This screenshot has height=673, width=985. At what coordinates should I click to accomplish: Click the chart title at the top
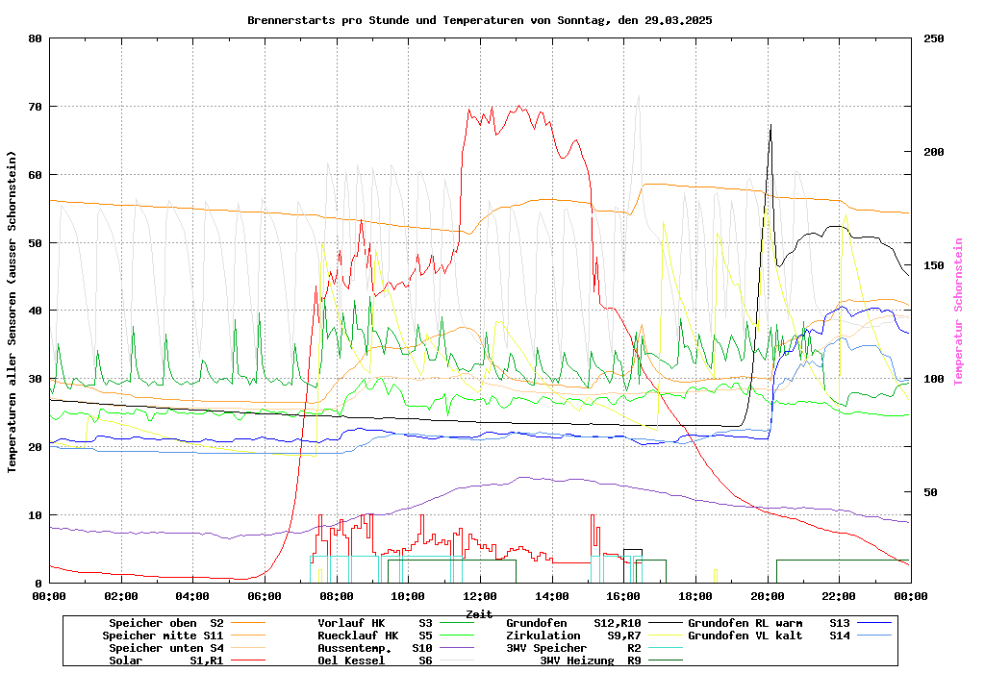(x=479, y=19)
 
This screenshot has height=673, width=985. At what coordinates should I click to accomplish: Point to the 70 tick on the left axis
(x=36, y=107)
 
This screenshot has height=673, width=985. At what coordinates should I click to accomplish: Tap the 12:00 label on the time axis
(x=479, y=596)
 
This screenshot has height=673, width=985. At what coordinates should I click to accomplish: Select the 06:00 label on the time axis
(x=265, y=596)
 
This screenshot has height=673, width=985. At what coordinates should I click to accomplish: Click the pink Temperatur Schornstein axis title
(x=958, y=312)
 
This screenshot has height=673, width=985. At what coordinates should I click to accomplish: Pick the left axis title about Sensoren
(x=13, y=312)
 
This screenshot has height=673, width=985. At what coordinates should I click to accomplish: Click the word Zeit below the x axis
(x=479, y=613)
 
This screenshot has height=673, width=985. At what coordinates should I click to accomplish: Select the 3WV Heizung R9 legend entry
(x=591, y=661)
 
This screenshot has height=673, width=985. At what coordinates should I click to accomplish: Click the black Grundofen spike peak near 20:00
(x=770, y=125)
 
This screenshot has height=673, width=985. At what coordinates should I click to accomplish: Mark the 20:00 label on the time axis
(x=767, y=596)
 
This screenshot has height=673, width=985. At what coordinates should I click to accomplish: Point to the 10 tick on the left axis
(x=36, y=515)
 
